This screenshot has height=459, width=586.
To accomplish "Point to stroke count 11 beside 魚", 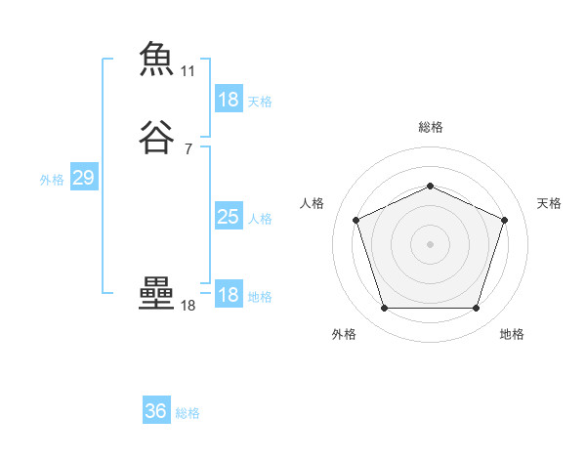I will pos(188,71).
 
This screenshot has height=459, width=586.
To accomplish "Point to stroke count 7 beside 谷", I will pos(188,149).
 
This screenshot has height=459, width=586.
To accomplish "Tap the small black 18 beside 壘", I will pos(188,306).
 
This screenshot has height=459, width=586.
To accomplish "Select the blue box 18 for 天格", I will pos(229,100).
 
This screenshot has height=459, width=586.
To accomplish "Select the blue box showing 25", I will pos(229,217).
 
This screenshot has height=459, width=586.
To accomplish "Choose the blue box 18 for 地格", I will pos(229,295).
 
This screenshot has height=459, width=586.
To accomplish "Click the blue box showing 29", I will pos(83,178).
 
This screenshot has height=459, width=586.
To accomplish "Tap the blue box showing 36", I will pos(156,411).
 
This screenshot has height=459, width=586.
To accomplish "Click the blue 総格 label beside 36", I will pos(188,413).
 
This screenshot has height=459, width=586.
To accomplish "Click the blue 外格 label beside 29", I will pos(52,180).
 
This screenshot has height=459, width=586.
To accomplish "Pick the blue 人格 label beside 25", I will pos(261,219).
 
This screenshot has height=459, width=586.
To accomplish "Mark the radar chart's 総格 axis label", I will pos(431,127).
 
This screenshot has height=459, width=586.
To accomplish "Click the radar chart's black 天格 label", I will pos(550,203).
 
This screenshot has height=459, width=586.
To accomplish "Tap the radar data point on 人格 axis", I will pos(356,219).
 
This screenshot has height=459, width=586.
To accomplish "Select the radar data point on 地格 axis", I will pos(476,308).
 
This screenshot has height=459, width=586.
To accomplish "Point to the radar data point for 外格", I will pos(384,308).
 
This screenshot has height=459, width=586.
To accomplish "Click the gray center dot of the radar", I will pos(430,243).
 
